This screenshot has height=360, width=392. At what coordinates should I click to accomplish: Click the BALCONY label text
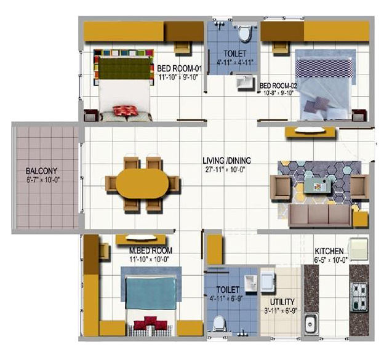41,171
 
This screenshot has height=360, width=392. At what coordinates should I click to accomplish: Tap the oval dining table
142,183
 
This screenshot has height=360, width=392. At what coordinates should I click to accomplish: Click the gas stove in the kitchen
359,297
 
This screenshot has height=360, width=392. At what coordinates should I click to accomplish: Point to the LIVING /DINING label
226,161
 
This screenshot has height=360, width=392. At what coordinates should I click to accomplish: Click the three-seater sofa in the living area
321,215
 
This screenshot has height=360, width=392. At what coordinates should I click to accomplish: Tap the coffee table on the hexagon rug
318,185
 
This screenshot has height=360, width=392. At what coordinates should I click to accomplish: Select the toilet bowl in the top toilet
244,33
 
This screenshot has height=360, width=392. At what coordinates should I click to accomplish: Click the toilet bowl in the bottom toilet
219,324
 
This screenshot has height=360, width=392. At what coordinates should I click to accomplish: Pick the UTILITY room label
282,302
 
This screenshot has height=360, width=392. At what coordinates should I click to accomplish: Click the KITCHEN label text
329,251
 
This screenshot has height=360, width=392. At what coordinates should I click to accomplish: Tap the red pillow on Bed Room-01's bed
126,111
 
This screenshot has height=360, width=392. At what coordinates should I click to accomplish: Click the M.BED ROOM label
151,250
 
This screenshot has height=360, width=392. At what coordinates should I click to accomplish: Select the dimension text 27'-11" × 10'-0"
225,170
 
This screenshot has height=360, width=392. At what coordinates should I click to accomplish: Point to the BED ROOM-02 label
278,86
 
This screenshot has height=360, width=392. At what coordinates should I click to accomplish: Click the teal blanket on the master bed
151,293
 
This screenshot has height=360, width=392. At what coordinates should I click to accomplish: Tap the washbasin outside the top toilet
244,82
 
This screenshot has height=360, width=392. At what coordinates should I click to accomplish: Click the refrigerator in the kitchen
359,249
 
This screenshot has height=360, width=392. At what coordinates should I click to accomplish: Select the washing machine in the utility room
268,282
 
